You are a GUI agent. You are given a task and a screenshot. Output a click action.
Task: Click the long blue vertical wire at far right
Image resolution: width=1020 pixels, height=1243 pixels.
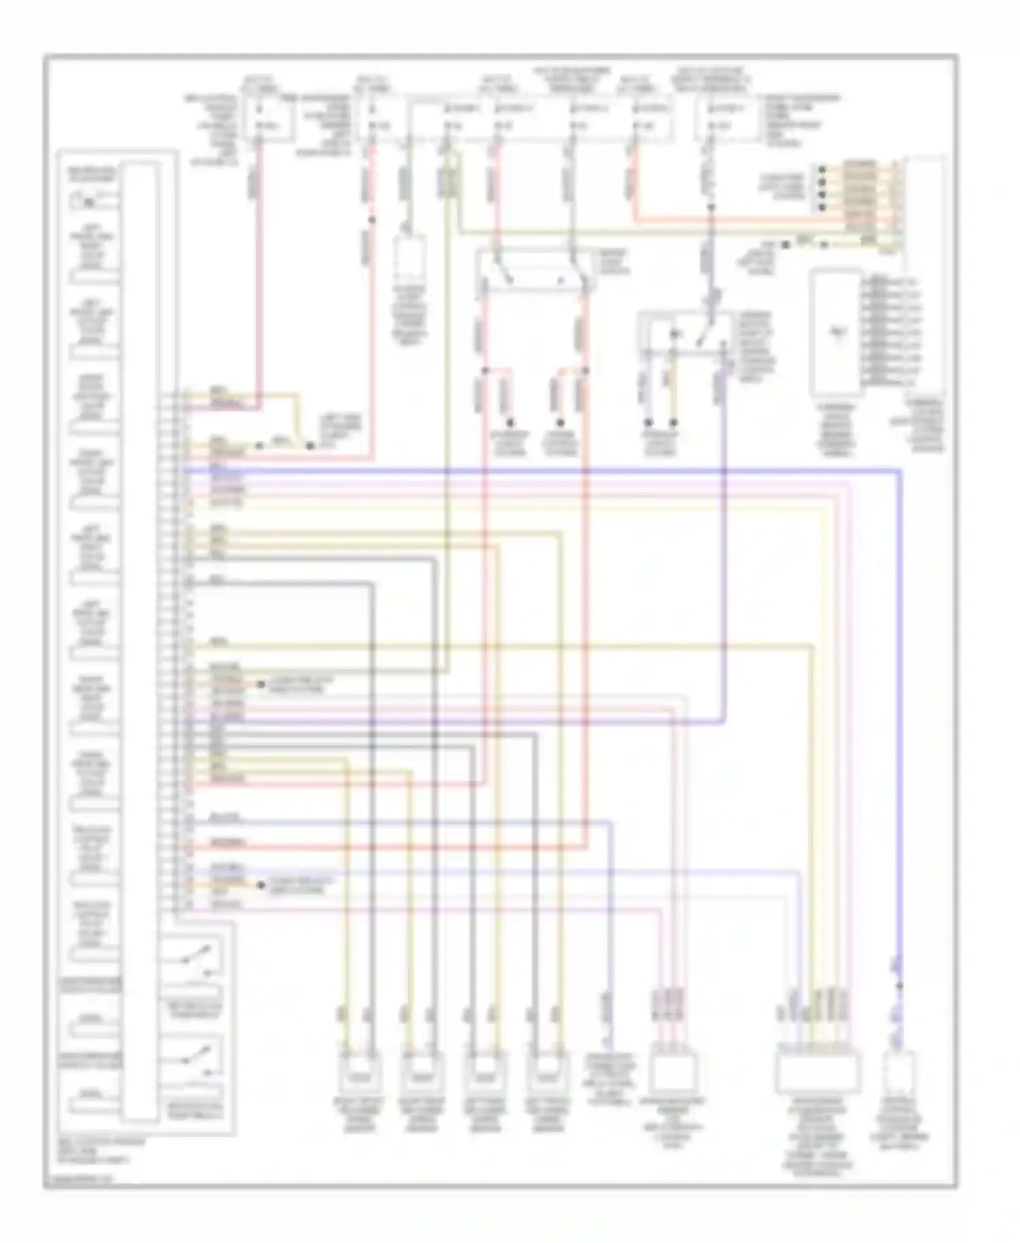coord(900,680)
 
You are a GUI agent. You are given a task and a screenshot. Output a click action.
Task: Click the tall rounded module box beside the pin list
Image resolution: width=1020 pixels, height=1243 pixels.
coord(836,333)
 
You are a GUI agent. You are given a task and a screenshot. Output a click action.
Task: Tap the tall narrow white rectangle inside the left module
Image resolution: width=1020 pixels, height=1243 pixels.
coord(140,639)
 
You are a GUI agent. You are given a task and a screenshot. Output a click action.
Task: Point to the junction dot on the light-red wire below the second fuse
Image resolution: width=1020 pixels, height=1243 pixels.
coord(371,220)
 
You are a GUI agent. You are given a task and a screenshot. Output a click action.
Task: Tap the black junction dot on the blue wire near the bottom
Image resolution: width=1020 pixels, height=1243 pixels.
coord(900,985)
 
